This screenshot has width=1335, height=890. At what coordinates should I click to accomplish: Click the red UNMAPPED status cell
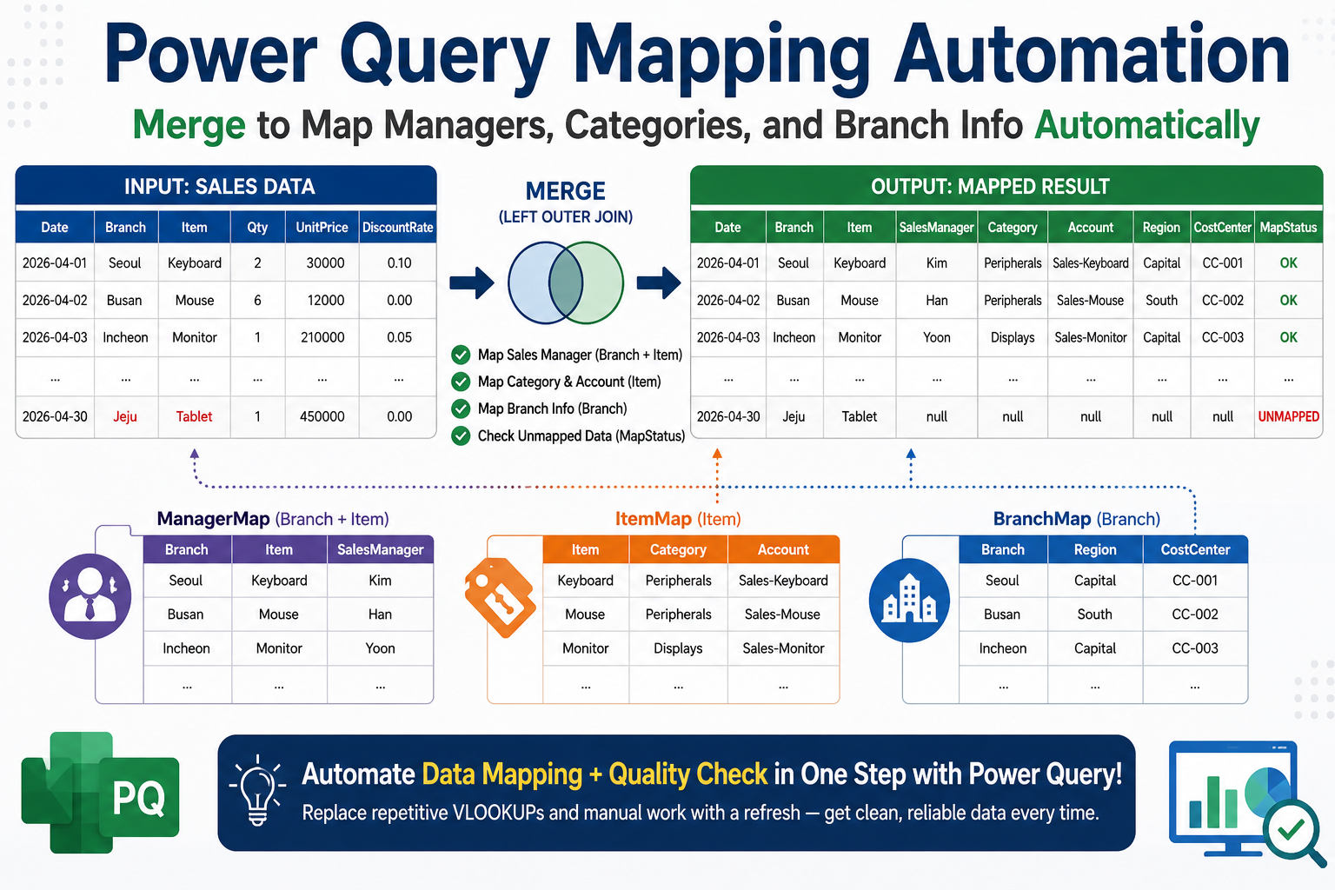(x=1288, y=416)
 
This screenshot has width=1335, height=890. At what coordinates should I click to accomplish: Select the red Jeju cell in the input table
(x=125, y=416)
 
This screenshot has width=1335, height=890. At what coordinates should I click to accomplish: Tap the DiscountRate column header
(x=397, y=227)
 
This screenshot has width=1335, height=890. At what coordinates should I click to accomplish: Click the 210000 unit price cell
(x=322, y=337)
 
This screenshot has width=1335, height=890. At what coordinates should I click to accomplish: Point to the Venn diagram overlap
(x=566, y=282)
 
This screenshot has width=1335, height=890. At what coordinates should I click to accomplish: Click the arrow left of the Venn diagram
(x=471, y=282)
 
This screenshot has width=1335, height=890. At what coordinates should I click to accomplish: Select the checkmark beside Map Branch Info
(x=461, y=409)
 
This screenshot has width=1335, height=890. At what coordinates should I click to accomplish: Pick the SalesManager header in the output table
(x=936, y=227)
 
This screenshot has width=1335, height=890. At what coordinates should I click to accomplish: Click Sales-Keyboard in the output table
(x=1091, y=262)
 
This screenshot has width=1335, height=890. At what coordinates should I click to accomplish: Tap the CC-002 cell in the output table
(x=1222, y=300)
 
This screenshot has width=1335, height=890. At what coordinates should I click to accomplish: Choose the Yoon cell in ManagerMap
(x=380, y=648)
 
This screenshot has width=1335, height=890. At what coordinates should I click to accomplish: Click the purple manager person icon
(x=90, y=597)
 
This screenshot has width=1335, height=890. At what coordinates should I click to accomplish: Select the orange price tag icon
(x=500, y=597)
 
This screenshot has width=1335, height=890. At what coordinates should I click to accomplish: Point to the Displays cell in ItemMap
(x=678, y=648)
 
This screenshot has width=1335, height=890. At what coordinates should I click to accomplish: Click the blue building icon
(x=909, y=601)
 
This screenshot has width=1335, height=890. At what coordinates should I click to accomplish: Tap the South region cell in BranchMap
(x=1095, y=614)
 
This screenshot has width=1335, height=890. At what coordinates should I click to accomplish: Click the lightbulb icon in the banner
(x=257, y=790)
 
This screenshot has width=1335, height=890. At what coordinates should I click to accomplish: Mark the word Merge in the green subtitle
(x=189, y=125)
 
